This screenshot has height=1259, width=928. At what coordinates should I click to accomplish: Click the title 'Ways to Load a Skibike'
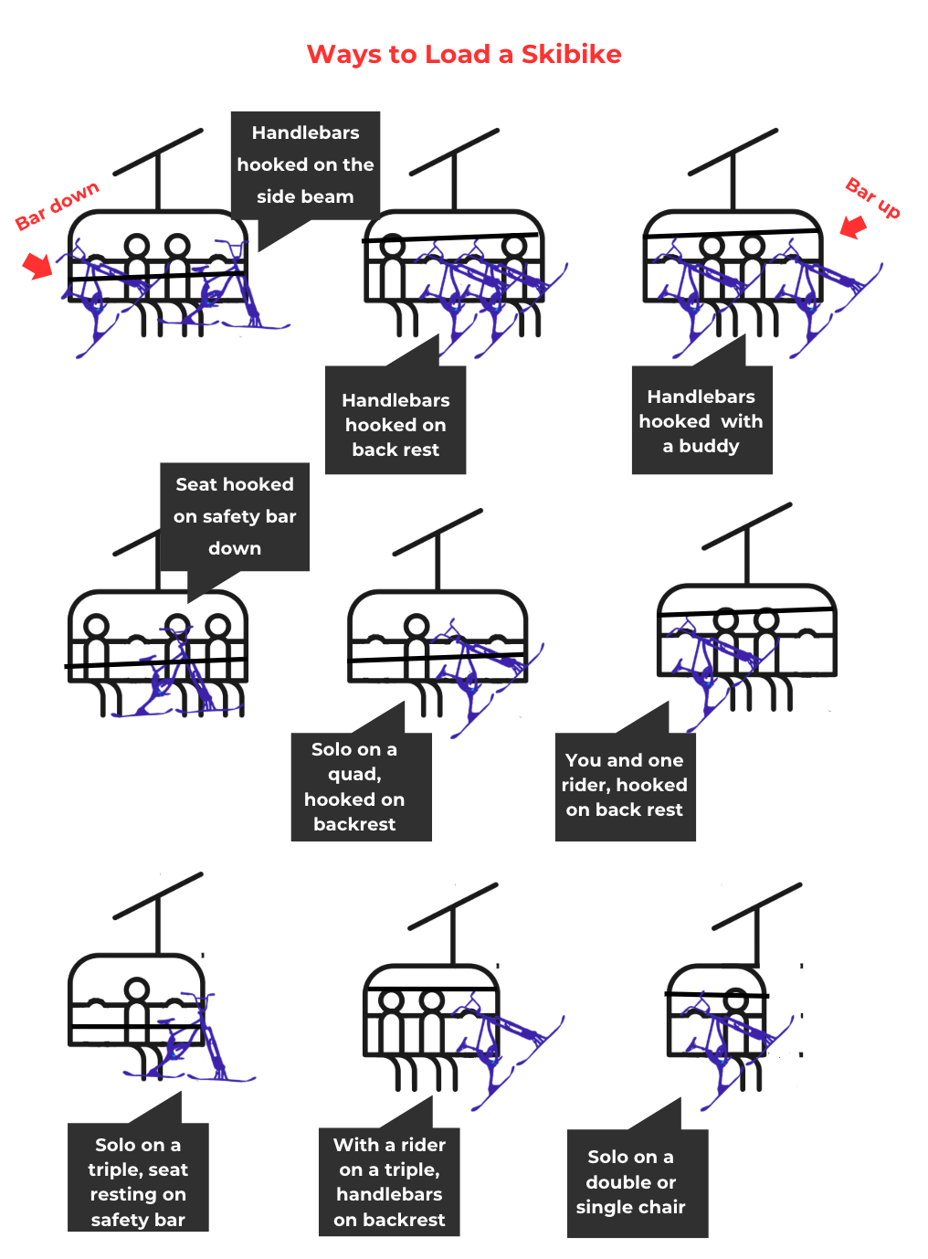464,55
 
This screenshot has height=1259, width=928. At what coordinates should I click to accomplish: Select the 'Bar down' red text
57,206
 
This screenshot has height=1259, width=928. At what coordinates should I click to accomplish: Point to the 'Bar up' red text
873,197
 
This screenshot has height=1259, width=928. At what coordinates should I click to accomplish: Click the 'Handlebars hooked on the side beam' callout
305,164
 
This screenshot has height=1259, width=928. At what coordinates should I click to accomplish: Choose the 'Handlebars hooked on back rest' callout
395,424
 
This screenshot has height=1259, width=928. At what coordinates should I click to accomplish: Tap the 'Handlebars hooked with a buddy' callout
701,421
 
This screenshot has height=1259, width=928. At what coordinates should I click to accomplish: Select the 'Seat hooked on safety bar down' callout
235,516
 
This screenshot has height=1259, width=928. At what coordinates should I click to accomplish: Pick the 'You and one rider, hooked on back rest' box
625,785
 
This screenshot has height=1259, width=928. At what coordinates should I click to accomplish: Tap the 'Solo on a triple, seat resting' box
138,1181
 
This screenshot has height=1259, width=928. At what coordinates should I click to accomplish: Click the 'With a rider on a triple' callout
389,1181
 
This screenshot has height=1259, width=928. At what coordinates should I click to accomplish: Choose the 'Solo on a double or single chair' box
631,1182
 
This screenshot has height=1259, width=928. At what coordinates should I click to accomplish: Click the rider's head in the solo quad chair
417,627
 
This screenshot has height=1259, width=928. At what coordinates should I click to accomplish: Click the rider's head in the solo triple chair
137,989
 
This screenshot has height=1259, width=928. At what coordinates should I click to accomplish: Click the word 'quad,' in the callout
354,774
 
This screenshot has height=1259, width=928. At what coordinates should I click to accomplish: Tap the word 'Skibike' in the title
571,55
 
